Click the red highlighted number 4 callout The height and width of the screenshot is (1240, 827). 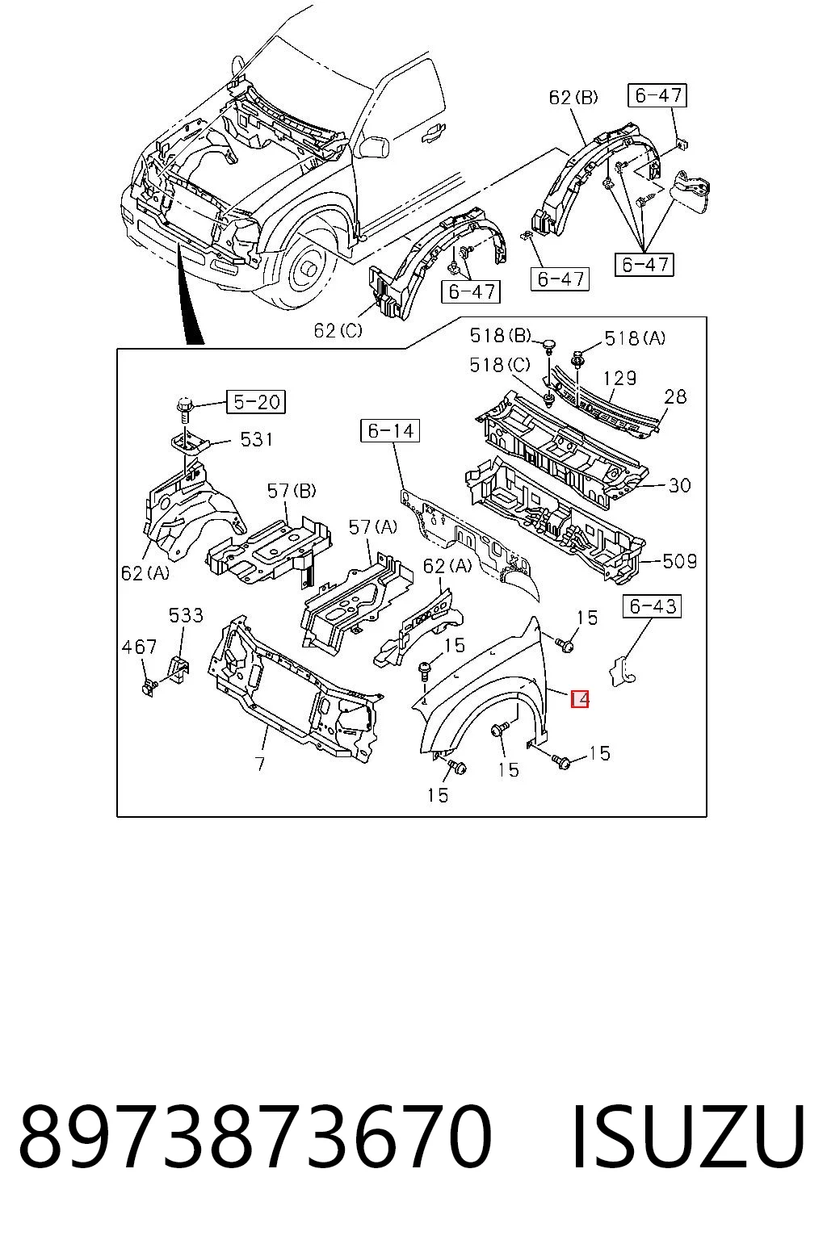[580, 699]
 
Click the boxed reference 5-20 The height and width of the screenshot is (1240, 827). [256, 401]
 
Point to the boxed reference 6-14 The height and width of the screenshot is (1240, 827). [390, 430]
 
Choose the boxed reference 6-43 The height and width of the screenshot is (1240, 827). [653, 606]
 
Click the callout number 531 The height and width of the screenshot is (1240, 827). [257, 439]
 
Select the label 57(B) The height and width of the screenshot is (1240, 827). [292, 490]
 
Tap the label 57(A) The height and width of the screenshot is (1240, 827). [373, 527]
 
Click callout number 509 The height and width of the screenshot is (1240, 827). [680, 561]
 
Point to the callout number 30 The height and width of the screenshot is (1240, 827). [680, 485]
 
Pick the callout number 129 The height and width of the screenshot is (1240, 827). [619, 378]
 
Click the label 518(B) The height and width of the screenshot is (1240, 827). [500, 336]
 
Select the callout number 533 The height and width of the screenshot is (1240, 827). [186, 615]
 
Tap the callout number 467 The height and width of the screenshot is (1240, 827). [139, 646]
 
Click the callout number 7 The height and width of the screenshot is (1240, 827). [260, 765]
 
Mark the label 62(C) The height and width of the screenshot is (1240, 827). [338, 330]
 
